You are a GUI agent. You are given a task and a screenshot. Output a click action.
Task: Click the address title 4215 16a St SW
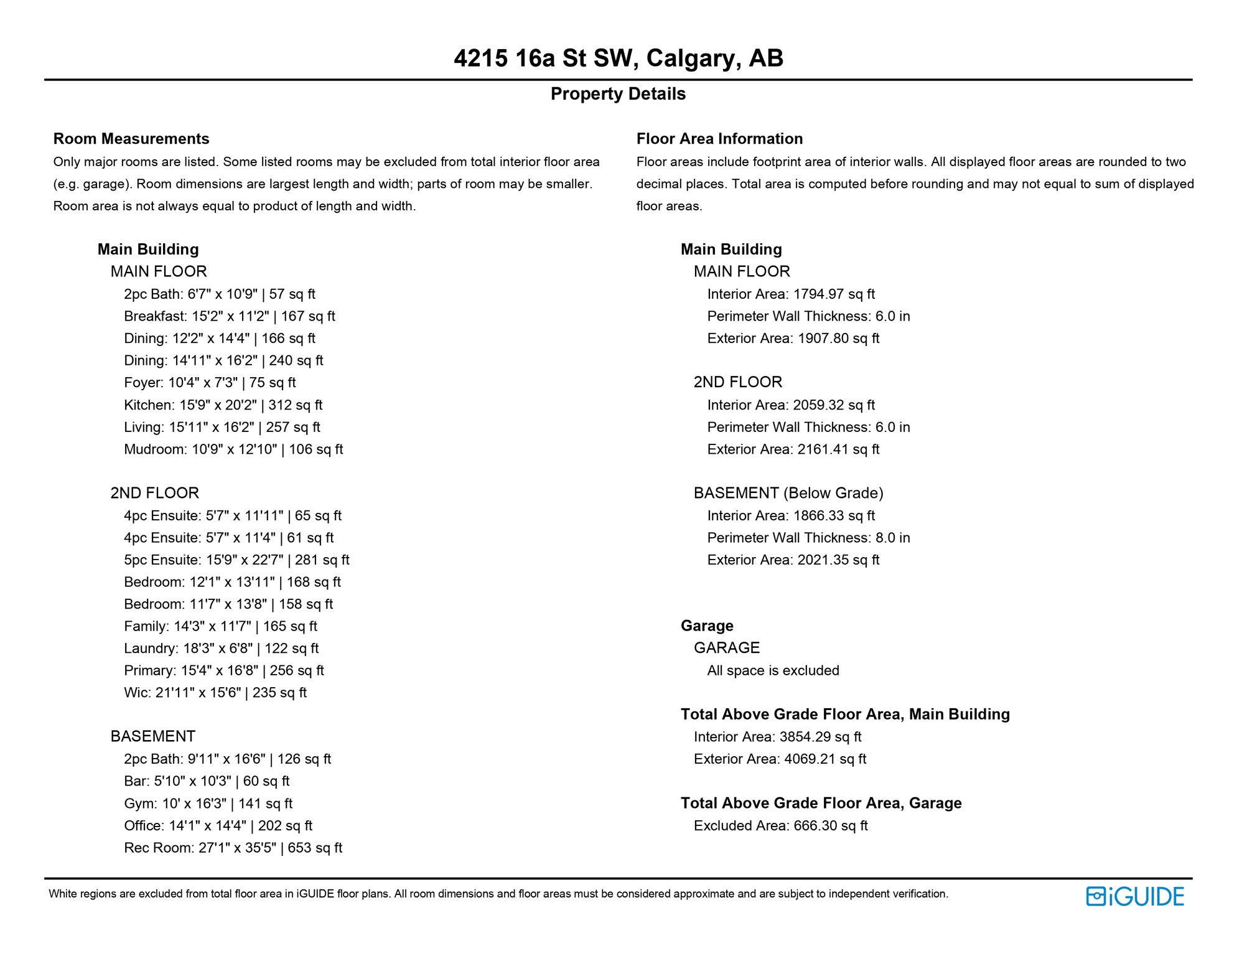point(618,59)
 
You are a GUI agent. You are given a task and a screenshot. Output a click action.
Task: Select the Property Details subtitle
point(618,94)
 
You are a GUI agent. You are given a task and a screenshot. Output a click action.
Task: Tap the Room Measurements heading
point(131,139)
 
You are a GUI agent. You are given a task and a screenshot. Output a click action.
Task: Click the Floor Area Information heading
point(719,139)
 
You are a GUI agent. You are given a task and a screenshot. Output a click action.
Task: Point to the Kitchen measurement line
point(223,405)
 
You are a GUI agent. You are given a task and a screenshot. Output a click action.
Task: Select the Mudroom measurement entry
point(233,449)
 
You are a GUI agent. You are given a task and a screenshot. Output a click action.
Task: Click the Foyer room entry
point(210,383)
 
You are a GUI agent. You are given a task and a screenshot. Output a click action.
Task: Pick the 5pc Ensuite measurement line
point(236,560)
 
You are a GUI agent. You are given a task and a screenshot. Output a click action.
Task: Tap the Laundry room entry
point(221,649)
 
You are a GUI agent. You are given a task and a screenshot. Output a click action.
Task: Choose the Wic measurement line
point(215,693)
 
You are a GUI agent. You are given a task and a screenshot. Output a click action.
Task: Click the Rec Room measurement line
point(233,848)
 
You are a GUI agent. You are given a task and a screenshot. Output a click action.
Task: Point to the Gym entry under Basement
point(208,804)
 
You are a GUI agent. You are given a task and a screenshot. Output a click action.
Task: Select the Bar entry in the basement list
point(207,781)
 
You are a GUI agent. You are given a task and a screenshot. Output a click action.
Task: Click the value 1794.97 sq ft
point(834,294)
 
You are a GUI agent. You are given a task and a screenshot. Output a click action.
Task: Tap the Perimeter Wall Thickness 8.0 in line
point(808,538)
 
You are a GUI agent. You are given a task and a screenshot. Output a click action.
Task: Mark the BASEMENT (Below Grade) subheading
point(788,493)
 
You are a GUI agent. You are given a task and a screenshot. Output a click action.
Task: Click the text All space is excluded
point(773,670)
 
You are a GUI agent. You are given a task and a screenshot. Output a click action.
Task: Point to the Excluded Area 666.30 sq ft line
point(780,826)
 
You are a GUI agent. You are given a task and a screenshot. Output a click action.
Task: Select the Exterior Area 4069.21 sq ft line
point(780,759)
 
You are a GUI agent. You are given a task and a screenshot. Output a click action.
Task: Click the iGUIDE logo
point(1135,896)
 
